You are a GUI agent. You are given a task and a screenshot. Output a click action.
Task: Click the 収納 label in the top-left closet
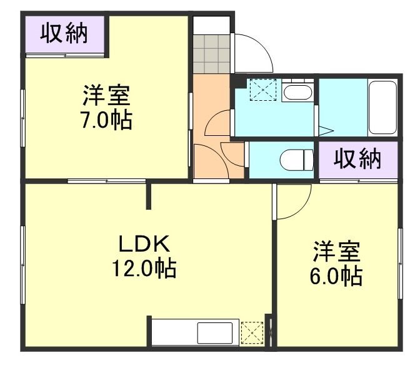coord(64,34)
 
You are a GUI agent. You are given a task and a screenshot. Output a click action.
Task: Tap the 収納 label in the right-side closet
coord(357,160)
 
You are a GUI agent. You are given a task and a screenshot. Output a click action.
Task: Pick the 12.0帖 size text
coord(143,269)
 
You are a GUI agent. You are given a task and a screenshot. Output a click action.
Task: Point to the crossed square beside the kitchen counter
coord(252,332)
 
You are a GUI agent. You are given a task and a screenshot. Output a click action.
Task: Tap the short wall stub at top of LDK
coord(149,196)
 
